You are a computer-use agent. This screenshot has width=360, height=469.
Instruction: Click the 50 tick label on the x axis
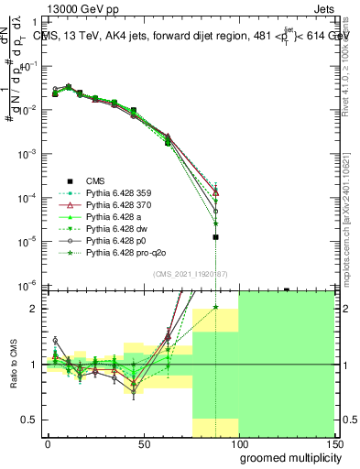click(x=143, y=444)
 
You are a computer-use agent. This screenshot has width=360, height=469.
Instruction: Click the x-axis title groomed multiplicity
click(x=286, y=458)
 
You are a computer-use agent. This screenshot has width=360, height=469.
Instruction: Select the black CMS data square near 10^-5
click(x=215, y=237)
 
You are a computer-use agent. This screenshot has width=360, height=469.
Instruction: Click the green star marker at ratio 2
click(x=215, y=308)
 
